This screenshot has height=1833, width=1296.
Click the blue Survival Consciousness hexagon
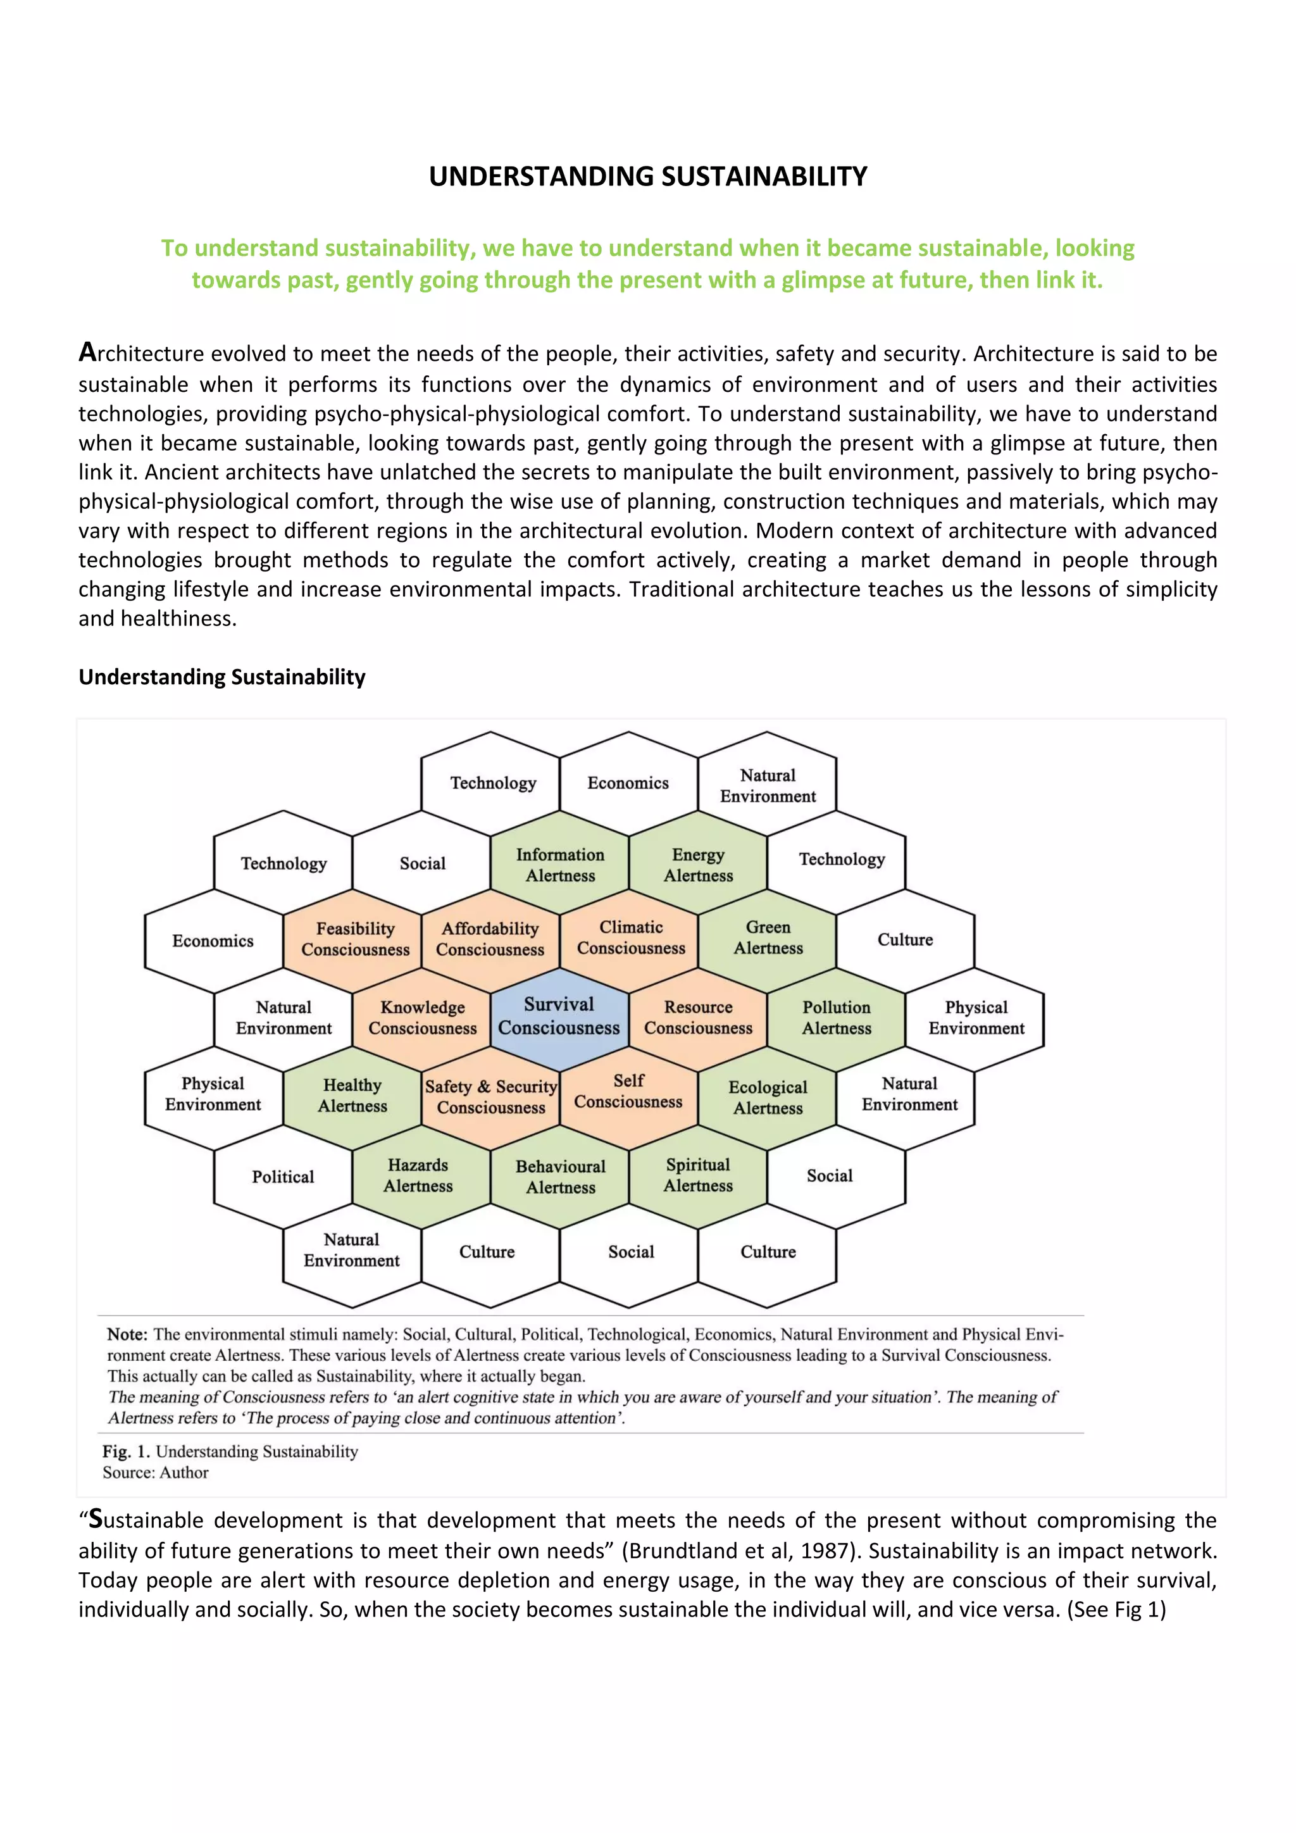pos(559,1017)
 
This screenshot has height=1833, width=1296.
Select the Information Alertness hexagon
pos(559,865)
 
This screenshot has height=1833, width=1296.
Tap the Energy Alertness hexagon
pos(697,865)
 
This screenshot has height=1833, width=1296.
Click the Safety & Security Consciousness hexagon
pos(491,1097)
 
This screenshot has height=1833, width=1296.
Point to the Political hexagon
pos(282,1177)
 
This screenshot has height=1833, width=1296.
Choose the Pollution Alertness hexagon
pos(837,1018)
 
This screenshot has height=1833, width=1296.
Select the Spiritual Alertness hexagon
pos(697,1175)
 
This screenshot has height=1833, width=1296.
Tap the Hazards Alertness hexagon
pos(418,1175)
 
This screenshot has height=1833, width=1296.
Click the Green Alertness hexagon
pos(768,937)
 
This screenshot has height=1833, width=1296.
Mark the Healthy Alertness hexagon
pos(352,1096)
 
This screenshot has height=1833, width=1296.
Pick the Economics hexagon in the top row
pos(628,783)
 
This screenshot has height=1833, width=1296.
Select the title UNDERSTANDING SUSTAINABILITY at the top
pos(647,177)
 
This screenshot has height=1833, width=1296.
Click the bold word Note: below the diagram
pos(128,1334)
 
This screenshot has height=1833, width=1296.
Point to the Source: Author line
pos(155,1473)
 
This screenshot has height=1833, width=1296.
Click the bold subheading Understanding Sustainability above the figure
pos(222,677)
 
